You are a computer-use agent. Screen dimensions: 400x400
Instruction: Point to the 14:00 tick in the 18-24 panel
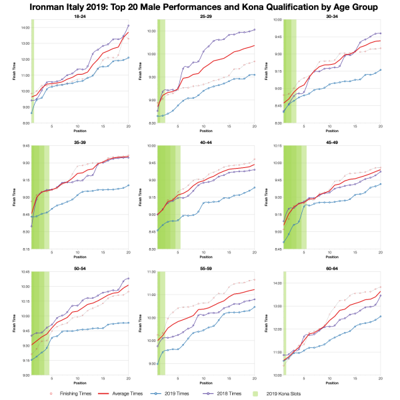(25, 27)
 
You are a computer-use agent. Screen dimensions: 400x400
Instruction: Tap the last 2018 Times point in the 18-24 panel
(128, 25)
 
